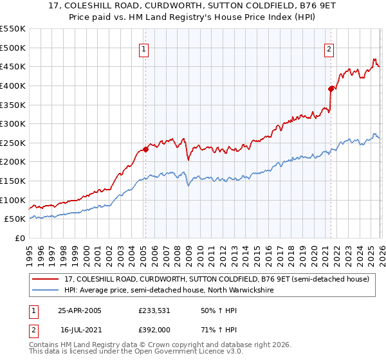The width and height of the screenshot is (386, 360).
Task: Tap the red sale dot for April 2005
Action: point(145,149)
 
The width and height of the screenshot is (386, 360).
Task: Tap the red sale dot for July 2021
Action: point(331,89)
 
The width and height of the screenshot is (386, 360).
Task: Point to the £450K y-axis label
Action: point(13,66)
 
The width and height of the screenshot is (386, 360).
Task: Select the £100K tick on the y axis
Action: point(13,200)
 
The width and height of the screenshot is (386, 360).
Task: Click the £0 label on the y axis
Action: point(21,238)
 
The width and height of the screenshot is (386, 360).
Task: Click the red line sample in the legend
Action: point(46,280)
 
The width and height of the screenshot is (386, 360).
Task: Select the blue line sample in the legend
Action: point(46,291)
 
